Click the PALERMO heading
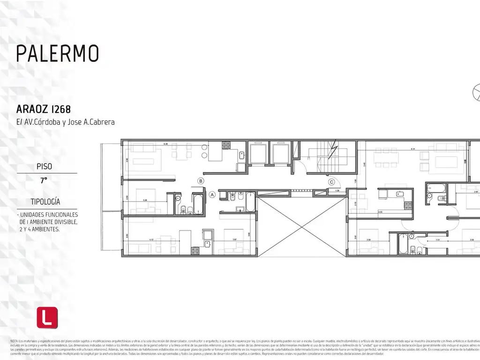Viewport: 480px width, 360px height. tap(58, 53)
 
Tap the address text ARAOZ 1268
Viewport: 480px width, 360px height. tap(44, 109)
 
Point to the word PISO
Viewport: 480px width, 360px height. tap(44, 166)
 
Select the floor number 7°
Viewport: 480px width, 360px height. tap(44, 180)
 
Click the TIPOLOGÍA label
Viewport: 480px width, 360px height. tap(45, 202)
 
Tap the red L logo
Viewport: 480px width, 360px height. tap(47, 317)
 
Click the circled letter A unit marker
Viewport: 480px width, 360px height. tap(212, 194)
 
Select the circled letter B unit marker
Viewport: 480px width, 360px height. tap(201, 180)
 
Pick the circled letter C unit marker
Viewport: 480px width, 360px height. tap(331, 182)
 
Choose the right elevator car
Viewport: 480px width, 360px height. tap(280, 153)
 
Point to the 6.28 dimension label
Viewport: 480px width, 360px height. tap(166, 144)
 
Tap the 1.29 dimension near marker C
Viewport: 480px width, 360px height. tap(337, 191)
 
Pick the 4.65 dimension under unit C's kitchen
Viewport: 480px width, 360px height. tap(381, 211)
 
